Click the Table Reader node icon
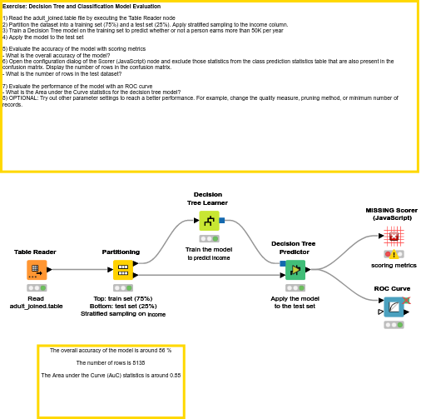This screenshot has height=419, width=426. coord(36,269)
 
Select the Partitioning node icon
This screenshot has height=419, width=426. coord(122,269)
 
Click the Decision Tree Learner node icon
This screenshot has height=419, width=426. coord(208,220)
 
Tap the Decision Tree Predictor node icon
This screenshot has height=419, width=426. coord(295,269)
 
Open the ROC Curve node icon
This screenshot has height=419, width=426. coord(394,307)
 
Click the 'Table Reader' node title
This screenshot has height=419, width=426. coord(36,252)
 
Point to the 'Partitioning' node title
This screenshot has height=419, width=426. coord(121,252)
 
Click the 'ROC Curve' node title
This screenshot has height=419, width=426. coord(393,288)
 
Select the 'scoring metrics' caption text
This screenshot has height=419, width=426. coord(394,265)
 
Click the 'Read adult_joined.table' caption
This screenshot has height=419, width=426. coord(36,302)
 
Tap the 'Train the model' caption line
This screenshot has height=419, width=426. coord(208,249)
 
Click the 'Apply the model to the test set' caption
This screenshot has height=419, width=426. coord(293,302)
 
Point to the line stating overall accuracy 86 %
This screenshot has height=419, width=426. coord(110,351)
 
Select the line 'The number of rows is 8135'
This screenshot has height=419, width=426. coord(110,363)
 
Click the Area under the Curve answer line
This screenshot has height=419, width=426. coord(110,376)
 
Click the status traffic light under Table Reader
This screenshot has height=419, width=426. coord(36,287)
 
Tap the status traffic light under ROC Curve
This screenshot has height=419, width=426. coord(394,325)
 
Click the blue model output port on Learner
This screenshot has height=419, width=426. coord(222,221)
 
